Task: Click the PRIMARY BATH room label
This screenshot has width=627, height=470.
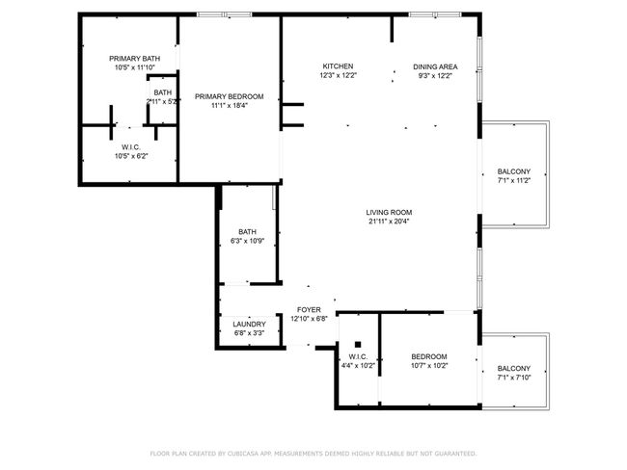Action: coord(135,59)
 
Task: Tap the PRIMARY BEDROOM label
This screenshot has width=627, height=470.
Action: coord(230,96)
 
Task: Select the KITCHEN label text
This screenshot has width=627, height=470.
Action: coord(338,66)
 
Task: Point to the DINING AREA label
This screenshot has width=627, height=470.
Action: coord(435,66)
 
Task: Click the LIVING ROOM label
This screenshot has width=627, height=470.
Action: coord(389,213)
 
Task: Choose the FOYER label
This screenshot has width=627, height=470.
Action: coord(309,310)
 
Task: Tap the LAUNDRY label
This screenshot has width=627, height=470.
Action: coord(249,325)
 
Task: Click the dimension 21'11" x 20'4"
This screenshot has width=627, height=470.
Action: coord(389,222)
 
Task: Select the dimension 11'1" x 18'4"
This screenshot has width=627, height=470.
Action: coord(230,105)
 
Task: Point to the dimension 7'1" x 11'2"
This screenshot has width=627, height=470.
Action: coord(514,180)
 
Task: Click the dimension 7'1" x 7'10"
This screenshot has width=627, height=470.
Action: coord(514,378)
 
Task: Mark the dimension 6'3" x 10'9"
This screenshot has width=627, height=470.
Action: coord(248,241)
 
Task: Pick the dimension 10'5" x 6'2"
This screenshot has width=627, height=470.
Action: coord(131,156)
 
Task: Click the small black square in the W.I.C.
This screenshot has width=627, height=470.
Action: coord(358,345)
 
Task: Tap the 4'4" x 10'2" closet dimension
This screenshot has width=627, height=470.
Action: coord(358,365)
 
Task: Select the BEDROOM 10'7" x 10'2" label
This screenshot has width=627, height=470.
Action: coord(429,361)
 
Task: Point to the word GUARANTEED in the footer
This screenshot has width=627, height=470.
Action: coord(455,454)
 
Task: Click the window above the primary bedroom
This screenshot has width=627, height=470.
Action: coord(225,14)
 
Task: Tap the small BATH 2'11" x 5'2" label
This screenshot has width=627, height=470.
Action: coord(162,97)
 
